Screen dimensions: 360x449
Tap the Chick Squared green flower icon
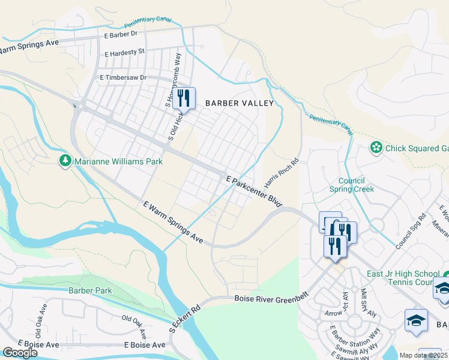click(376, 148)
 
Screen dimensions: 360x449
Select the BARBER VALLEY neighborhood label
click(240, 103)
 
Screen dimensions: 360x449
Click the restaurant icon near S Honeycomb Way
click(184, 97)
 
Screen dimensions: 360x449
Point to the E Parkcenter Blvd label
click(255, 192)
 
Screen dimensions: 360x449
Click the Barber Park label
click(90, 290)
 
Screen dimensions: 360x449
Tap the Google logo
click(20, 352)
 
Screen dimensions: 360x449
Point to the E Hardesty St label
click(124, 53)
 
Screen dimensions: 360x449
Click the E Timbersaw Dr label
click(123, 78)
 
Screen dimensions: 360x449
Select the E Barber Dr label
click(121, 35)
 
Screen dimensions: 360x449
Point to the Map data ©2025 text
click(424, 355)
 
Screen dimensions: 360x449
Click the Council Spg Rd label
click(411, 230)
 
